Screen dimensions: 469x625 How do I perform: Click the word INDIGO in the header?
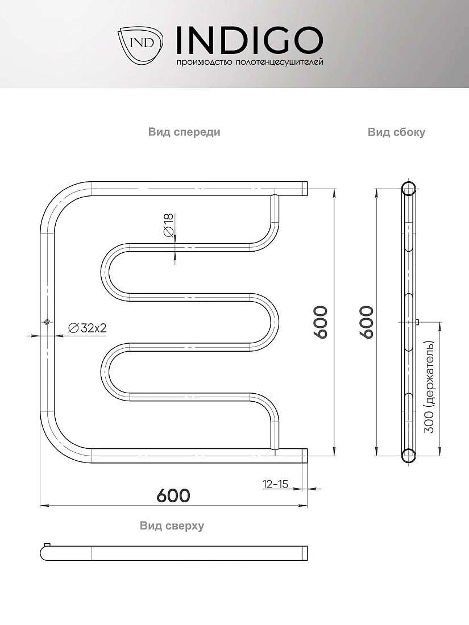(249, 40)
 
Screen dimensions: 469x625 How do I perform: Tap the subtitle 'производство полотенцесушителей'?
(250, 62)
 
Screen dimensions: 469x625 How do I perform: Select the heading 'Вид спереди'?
(184, 132)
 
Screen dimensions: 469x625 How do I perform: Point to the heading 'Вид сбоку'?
(396, 132)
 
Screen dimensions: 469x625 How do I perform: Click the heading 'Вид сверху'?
(172, 526)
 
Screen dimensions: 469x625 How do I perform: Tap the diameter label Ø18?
(169, 225)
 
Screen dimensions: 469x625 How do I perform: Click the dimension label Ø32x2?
(88, 328)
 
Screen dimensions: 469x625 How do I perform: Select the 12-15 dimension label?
(275, 484)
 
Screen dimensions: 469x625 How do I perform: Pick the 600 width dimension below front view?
(173, 495)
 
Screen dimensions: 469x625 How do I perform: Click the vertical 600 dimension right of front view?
(321, 322)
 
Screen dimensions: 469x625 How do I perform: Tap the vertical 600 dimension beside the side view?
(367, 322)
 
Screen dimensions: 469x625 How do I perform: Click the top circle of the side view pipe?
(408, 188)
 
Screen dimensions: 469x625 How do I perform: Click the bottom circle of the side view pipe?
(408, 455)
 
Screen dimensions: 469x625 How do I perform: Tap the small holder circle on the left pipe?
(47, 322)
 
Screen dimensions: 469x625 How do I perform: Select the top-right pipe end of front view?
(305, 189)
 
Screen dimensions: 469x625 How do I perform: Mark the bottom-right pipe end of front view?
(305, 456)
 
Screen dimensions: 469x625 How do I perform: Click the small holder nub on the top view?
(47, 544)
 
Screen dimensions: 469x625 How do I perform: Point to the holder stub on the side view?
(417, 322)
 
